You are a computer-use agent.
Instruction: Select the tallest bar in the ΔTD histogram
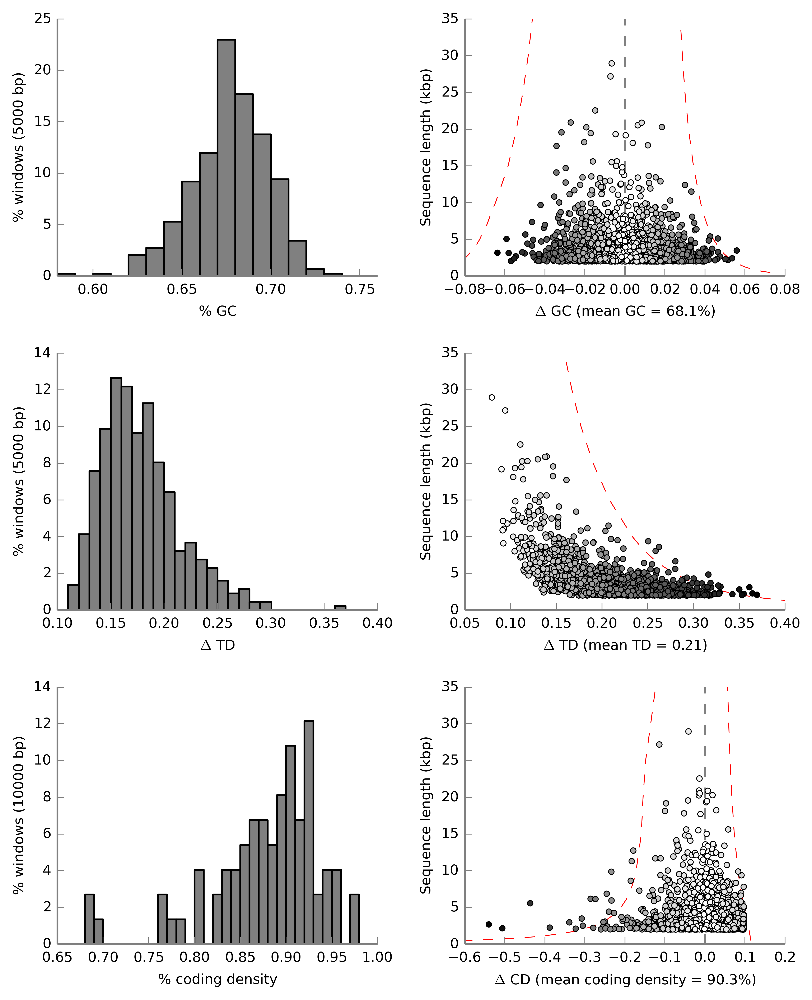(116, 494)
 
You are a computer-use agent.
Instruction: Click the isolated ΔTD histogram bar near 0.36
(340, 608)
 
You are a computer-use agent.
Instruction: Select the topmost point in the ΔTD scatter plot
(492, 398)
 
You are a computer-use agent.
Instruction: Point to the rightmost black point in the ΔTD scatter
(757, 595)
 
